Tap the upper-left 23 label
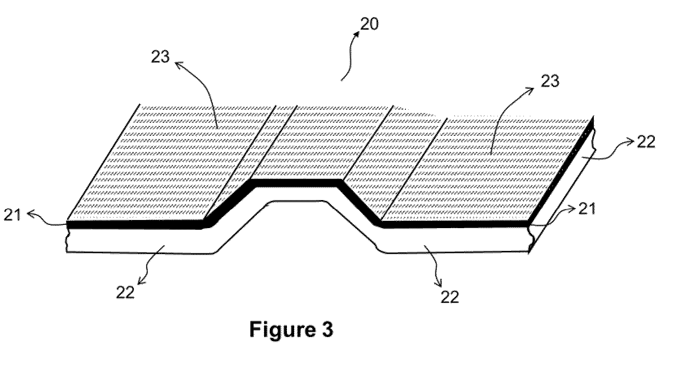pos(160,57)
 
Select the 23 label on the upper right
pos(550,81)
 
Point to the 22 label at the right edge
pos(646,142)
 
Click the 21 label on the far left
pos(12,215)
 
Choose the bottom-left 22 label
pos(125,292)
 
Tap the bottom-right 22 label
pos(450,297)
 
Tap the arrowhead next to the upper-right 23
pos(530,89)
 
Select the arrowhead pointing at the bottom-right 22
pos(439,283)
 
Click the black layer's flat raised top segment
pos(296,183)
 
